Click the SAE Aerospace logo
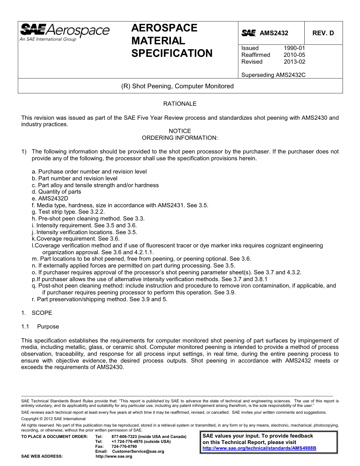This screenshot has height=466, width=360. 64,32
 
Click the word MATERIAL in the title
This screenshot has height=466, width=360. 158,41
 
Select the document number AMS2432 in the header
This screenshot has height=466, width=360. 274,33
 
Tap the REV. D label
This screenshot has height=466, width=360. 323,33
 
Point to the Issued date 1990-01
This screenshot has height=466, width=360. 294,48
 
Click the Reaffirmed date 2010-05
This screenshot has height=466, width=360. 294,55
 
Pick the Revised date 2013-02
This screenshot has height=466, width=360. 294,62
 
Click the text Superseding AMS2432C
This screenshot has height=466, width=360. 273,75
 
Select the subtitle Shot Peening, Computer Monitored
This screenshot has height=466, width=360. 177,86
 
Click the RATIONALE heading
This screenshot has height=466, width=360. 180,103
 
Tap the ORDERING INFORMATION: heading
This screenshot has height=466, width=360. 180,138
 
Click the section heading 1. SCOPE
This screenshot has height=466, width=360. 37,313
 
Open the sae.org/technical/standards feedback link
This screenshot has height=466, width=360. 259,448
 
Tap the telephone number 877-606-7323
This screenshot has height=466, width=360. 125,436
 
